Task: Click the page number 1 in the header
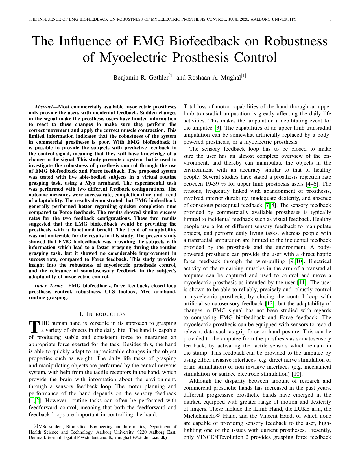pyautogui.click(x=330, y=19)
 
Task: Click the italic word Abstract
pyautogui.click(x=43, y=107)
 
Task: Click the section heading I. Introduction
pyautogui.click(x=102, y=314)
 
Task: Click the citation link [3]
pyautogui.click(x=218, y=128)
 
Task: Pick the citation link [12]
pyautogui.click(x=269, y=304)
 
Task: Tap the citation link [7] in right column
pyautogui.click(x=267, y=205)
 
